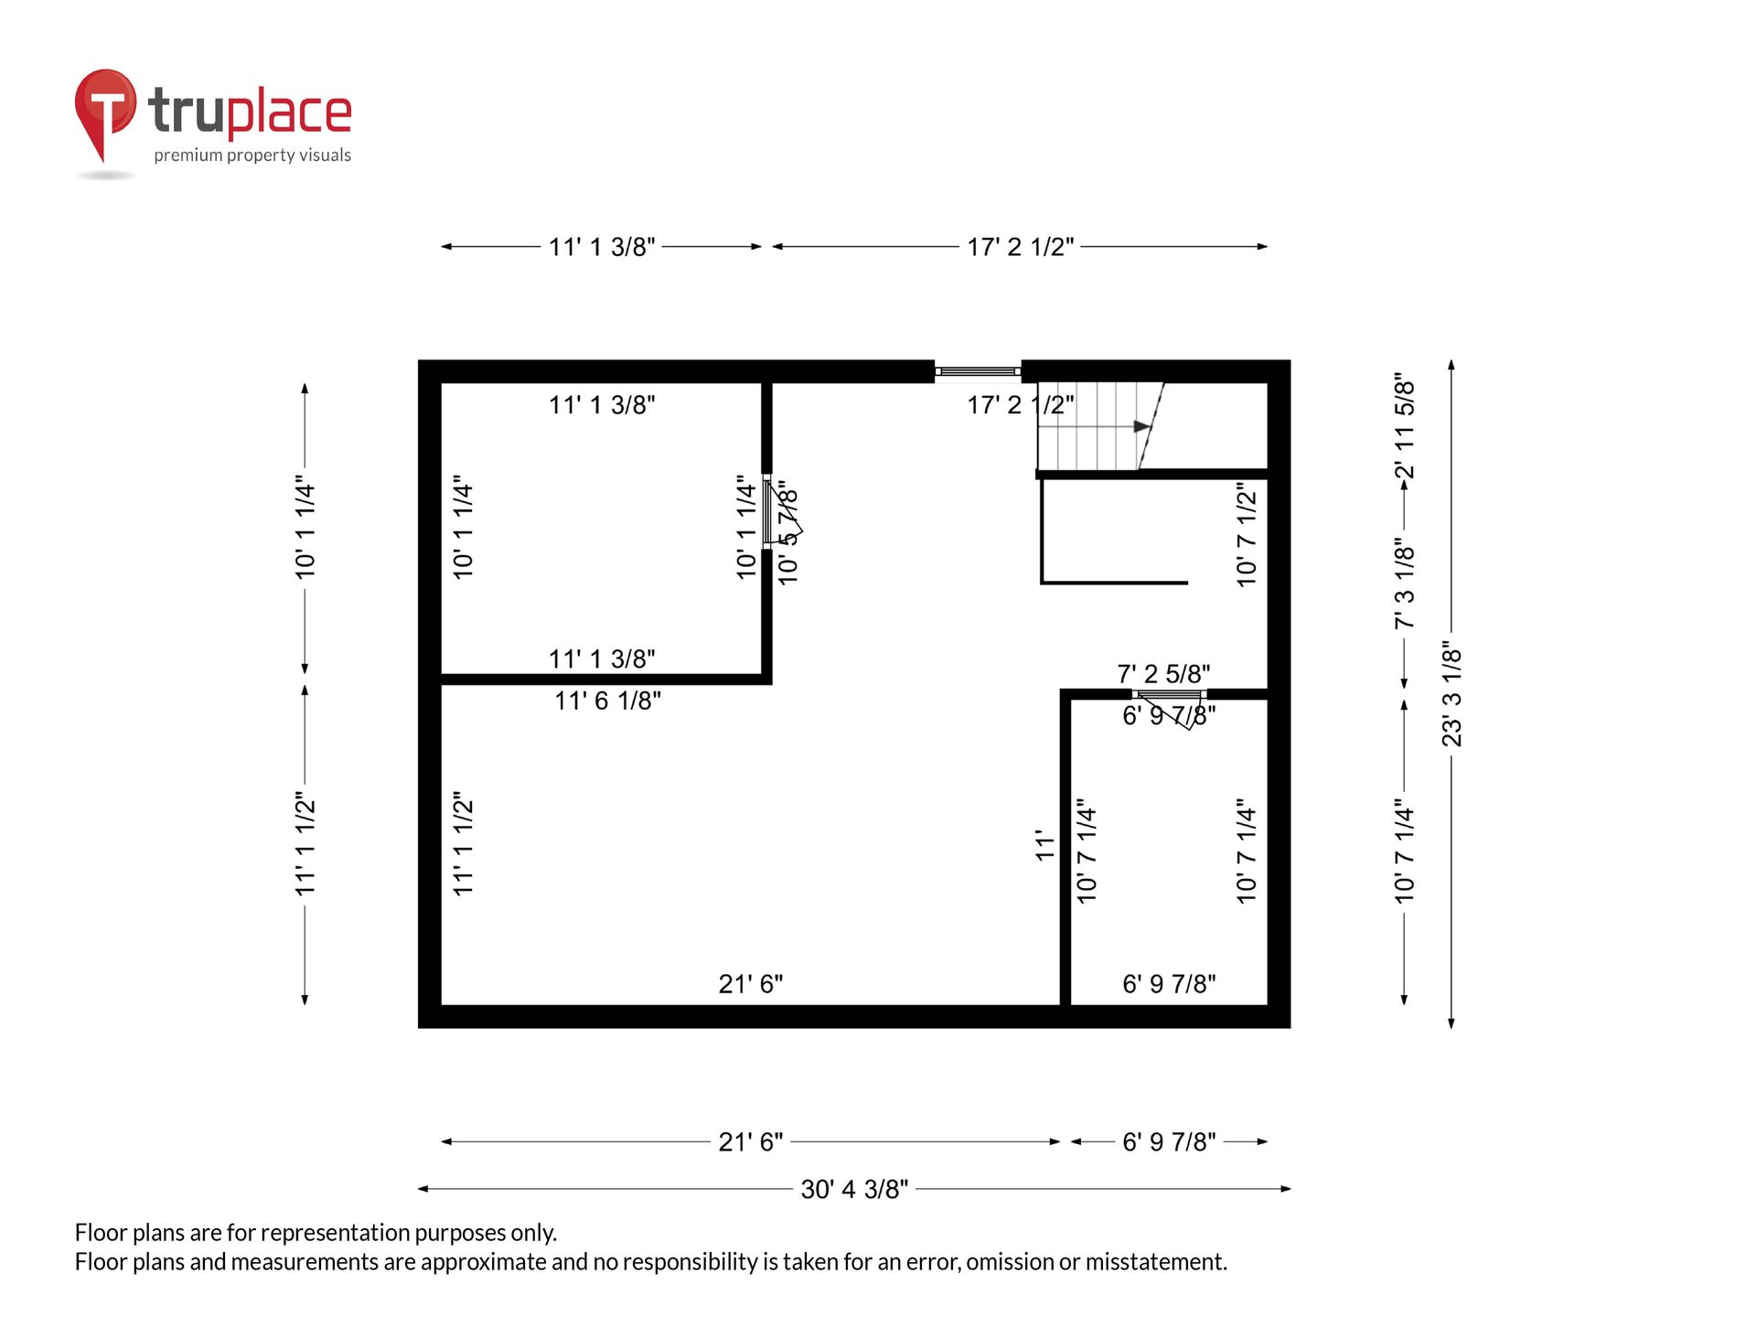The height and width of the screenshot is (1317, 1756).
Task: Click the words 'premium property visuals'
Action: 252,155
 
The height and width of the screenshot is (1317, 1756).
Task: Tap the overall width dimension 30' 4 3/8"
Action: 854,1189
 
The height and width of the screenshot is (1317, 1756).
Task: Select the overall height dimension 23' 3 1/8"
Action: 1451,694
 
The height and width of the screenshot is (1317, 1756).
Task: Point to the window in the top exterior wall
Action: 978,371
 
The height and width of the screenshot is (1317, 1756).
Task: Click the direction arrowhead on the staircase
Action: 1142,426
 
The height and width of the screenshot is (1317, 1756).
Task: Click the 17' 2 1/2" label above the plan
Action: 1021,247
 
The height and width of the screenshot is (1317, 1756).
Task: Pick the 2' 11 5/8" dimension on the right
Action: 1404,425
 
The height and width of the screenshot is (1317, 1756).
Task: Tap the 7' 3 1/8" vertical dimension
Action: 1404,584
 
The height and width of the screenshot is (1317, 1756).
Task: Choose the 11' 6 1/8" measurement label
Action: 607,701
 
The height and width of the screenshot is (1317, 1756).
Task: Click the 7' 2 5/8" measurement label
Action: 1163,674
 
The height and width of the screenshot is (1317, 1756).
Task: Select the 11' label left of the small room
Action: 1044,845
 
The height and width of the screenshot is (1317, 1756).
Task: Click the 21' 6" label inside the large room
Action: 751,984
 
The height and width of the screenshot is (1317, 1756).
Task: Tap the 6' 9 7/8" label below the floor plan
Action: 1169,1141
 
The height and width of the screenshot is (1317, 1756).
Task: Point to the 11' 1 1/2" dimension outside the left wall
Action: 305,844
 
